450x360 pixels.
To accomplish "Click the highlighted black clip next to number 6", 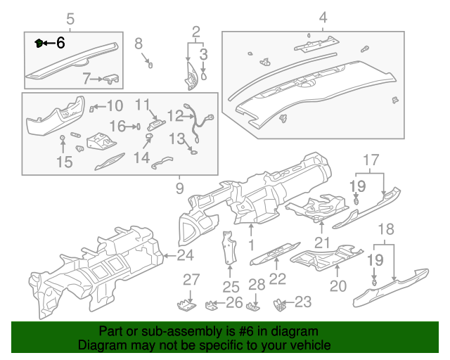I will pos(39,43).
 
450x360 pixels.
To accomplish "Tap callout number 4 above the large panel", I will pos(323,18).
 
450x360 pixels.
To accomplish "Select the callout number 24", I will pos(185,255).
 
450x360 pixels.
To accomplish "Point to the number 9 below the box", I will pos(179,188).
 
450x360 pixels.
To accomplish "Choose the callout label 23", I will pos(302,302).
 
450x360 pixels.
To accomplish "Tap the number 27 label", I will pos(192,280).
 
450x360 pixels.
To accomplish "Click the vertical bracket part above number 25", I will pos(229,247).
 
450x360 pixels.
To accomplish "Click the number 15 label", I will pos(64,162).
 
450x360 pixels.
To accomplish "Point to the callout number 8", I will pos(139,44).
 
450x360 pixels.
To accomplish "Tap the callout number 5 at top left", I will pos(70,18).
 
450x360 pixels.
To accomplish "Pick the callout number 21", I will pos(322,243).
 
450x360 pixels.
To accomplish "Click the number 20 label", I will pos(338,286).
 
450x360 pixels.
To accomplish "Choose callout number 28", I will pos(257,285).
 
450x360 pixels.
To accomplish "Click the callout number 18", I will pos(385,230).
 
